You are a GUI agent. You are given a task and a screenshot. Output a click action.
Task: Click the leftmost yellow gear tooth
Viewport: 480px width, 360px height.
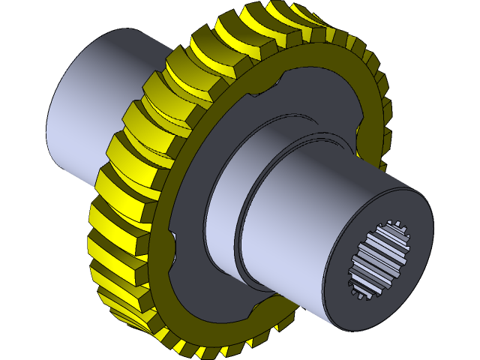point(101,225)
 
